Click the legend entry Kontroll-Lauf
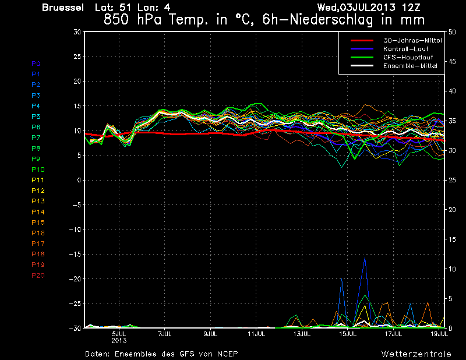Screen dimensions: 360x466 407,49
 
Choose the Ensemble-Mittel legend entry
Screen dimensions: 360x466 410,66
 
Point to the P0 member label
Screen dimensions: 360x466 36,63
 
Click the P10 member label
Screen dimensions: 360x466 37,170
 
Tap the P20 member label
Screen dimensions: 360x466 37,276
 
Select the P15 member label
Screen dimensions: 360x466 37,223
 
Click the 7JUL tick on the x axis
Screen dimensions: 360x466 165,334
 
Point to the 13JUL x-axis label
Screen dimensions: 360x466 302,334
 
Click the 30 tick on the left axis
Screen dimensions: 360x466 77,32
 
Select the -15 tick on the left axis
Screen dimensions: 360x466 75,255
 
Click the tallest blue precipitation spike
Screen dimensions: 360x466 365,258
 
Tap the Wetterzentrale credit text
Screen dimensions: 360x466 416,354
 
